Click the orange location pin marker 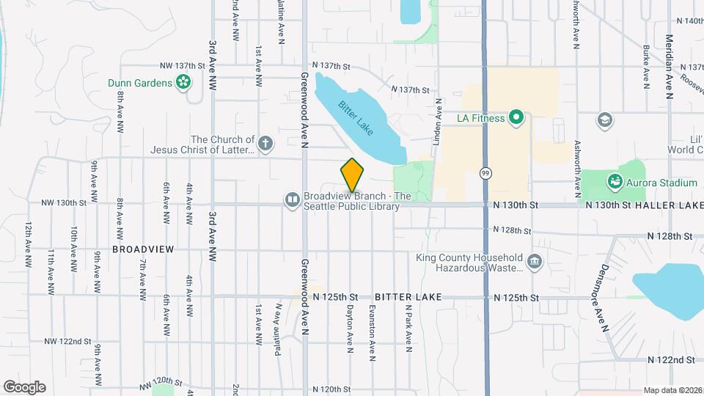[352, 175]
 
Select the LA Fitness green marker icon [516, 117]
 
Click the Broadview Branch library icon [293, 199]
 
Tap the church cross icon [265, 143]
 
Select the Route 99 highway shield [485, 173]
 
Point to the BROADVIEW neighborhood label [143, 249]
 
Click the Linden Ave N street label [439, 122]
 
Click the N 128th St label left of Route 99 [512, 230]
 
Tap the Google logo [24, 387]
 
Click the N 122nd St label [671, 359]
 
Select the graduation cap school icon [605, 120]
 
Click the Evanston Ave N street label [373, 333]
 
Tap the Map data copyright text [672, 390]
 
